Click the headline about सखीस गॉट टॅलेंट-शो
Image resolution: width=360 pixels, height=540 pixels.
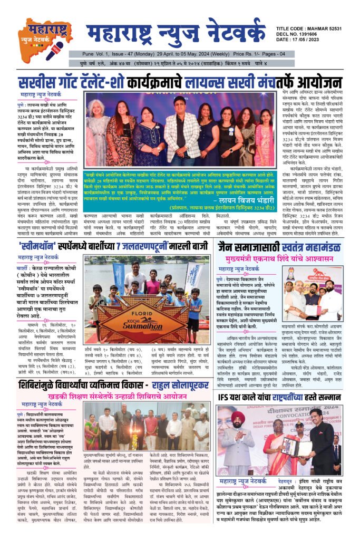click(180, 82)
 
